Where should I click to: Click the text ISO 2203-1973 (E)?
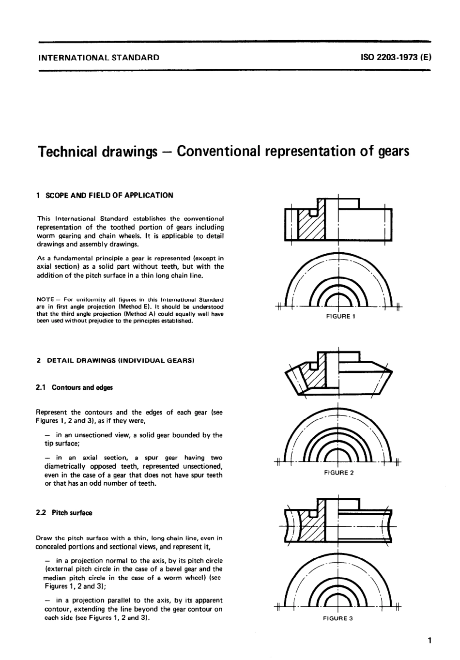[x=396, y=57]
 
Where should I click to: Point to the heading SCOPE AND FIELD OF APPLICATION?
[x=108, y=195]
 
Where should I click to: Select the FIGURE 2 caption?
[x=339, y=473]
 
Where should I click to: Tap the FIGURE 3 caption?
[x=339, y=618]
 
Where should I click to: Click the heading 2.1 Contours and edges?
[x=75, y=387]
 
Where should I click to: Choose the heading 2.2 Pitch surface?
[x=64, y=513]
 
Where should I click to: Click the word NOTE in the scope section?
[x=45, y=300]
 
